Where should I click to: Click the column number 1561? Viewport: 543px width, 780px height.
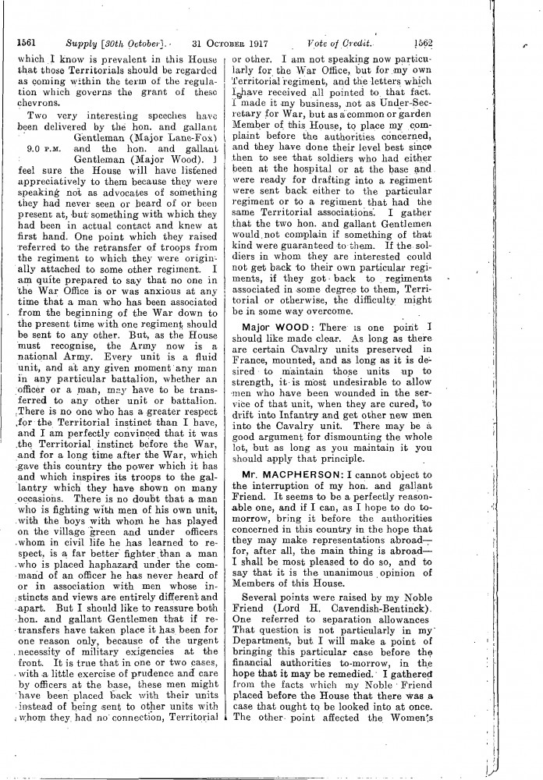click(x=28, y=44)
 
